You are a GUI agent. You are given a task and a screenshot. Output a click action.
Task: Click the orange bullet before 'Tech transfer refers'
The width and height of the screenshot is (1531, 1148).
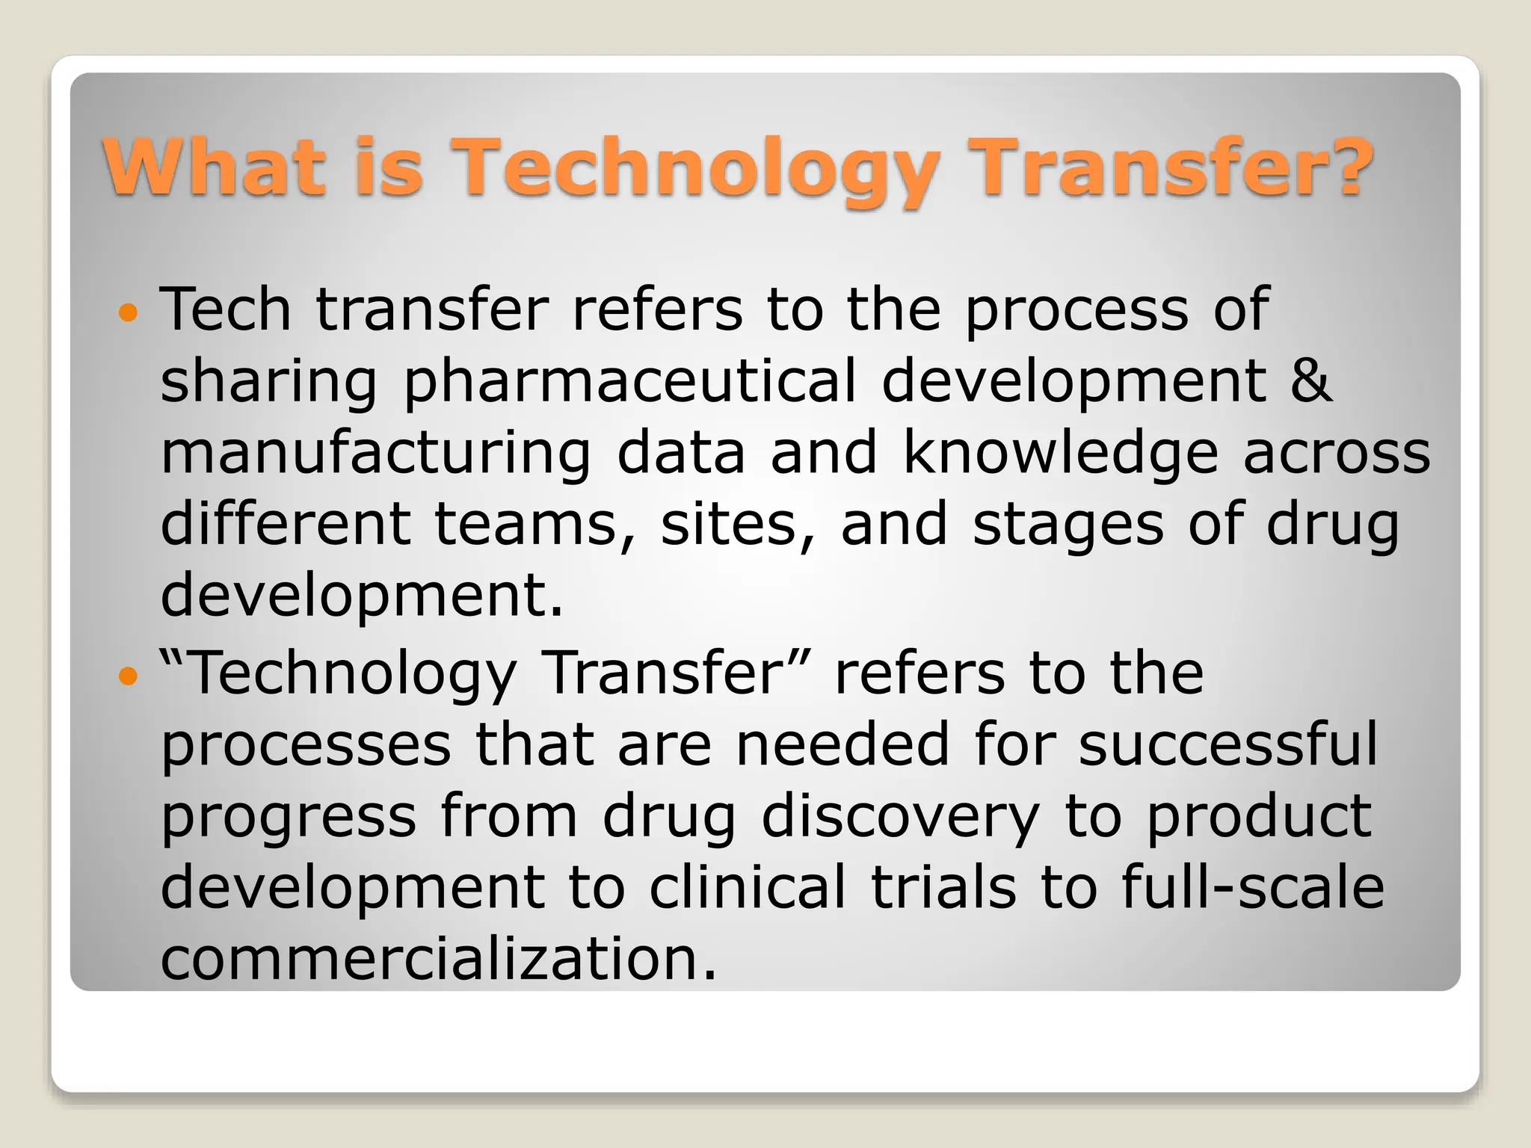coord(129,312)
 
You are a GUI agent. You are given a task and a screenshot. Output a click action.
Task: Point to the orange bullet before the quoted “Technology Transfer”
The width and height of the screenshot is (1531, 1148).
coord(129,677)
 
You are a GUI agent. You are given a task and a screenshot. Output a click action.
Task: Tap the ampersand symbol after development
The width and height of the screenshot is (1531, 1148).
coord(1310,381)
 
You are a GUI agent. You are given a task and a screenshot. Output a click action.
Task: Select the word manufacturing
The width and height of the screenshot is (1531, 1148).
coord(376,454)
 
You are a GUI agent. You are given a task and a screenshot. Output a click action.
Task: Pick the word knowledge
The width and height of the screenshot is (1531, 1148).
coord(1060,453)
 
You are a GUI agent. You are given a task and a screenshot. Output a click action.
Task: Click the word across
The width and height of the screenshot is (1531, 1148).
coord(1337,453)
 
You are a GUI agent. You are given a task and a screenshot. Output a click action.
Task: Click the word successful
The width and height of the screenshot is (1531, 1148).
coord(1227,744)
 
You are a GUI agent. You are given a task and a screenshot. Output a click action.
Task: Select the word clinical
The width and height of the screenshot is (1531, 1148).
coord(747,888)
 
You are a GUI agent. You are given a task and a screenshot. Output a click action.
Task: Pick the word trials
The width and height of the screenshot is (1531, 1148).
coord(943,888)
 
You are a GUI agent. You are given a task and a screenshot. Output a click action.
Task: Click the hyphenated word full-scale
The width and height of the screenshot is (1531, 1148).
coord(1253,888)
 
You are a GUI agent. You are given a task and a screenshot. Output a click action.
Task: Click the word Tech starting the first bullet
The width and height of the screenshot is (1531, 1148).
coord(225,309)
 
